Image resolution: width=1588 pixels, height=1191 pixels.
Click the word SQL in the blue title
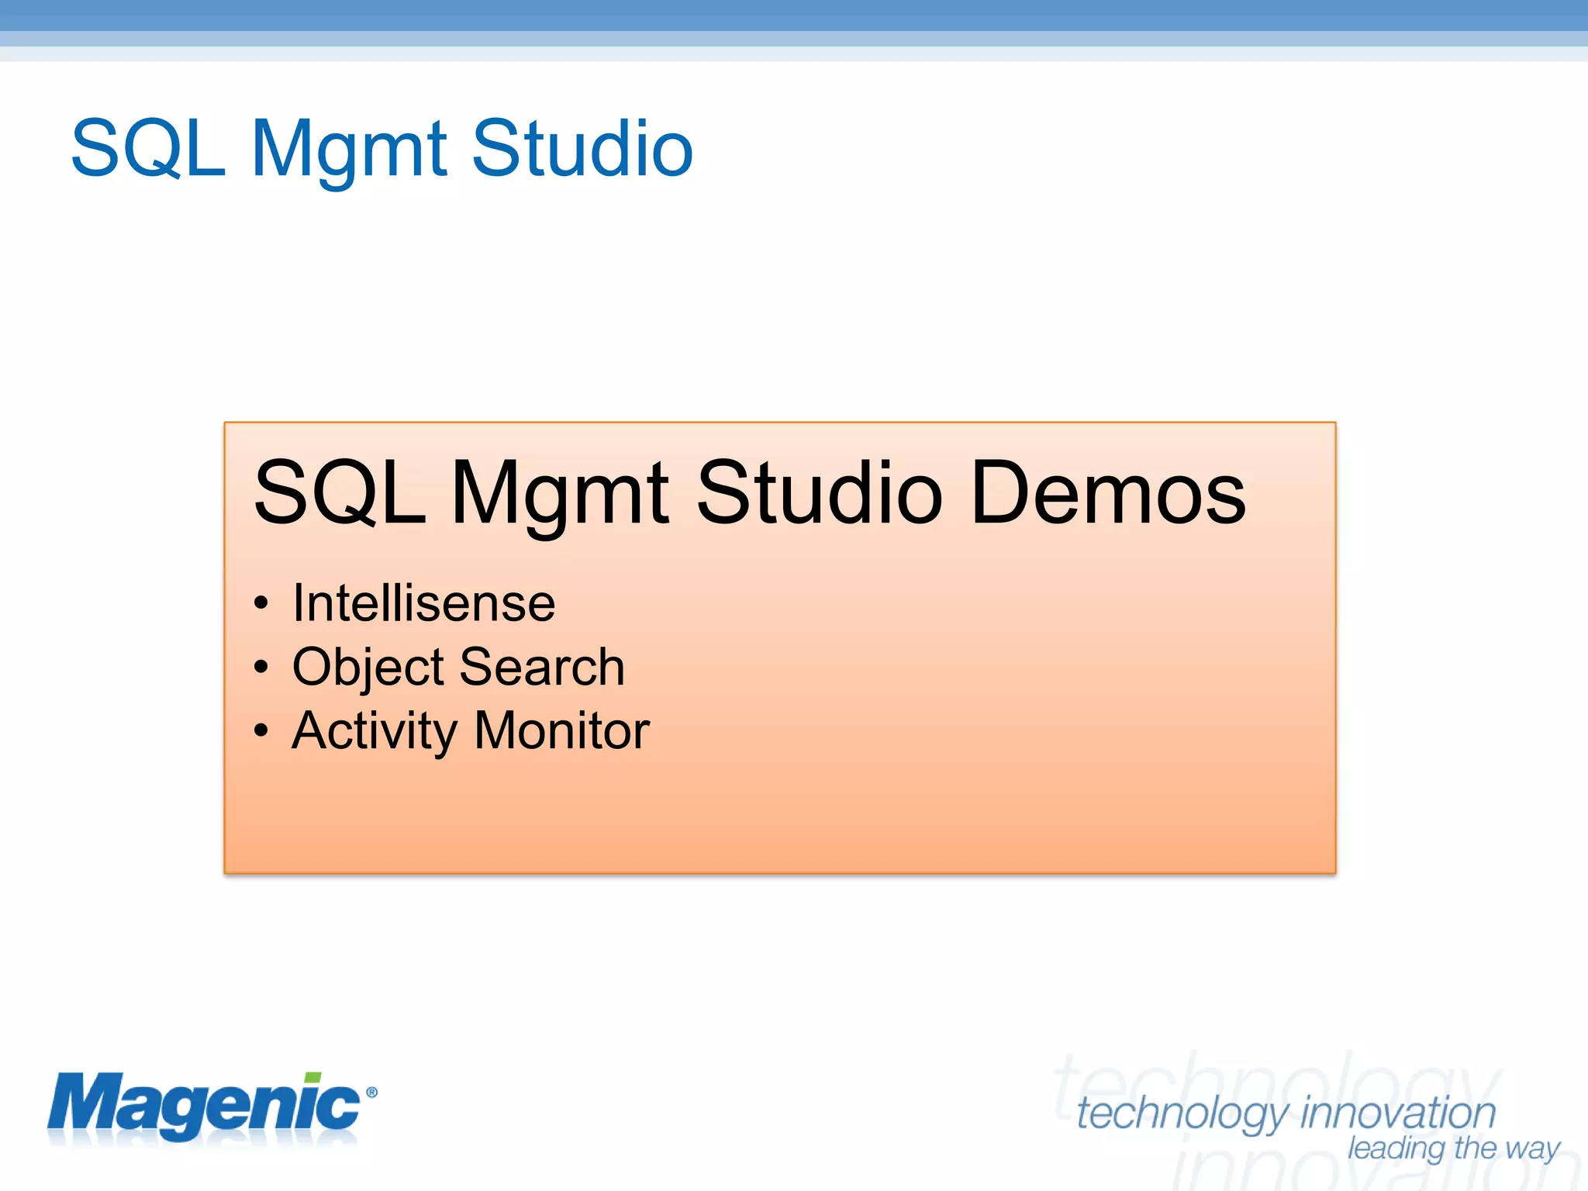point(147,149)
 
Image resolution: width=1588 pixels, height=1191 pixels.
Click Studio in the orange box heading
point(819,493)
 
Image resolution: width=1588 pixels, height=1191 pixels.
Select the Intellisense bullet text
point(423,603)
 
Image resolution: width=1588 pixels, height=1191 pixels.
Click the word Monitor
point(561,730)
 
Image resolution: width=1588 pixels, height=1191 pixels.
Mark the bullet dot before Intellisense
point(261,604)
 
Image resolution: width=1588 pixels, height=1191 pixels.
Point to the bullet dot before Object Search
point(261,667)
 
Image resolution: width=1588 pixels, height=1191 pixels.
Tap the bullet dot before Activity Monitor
point(261,730)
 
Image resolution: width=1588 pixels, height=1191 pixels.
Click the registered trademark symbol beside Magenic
point(371,1093)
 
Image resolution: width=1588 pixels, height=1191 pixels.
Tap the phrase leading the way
point(1453,1148)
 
